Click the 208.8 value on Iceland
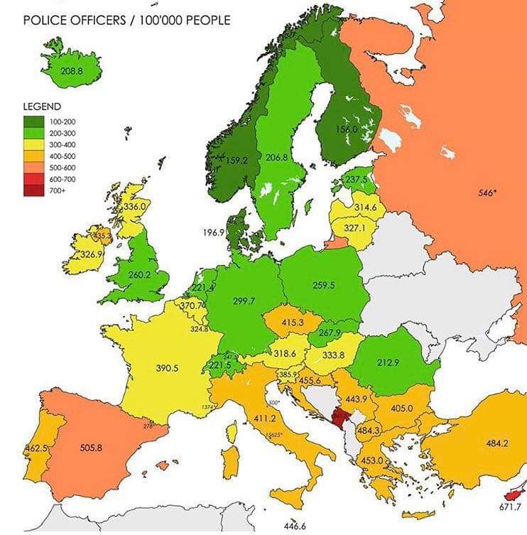72,71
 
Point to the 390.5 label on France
166,369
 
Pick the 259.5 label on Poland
323,285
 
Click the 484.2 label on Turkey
496,443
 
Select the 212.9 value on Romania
387,362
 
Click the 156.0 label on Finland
346,129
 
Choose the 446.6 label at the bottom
294,526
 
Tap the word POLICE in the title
45,20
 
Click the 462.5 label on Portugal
36,448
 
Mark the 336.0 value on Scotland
135,207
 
